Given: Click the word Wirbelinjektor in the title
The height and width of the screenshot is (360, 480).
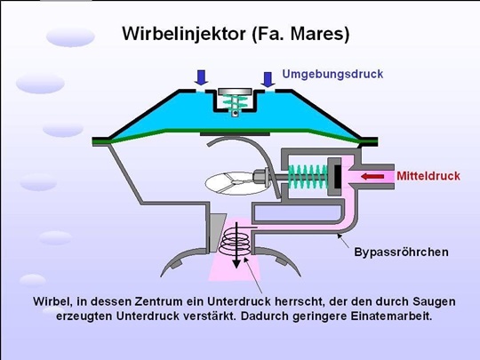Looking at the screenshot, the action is (x=184, y=34).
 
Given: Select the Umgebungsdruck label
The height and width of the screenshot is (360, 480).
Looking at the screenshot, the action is (x=332, y=74).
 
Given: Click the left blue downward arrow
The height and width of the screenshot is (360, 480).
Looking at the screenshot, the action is (x=201, y=77).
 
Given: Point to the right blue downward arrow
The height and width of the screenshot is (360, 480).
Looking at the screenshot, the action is (x=268, y=80).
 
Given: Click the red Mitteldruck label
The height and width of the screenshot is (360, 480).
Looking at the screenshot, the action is (x=428, y=176).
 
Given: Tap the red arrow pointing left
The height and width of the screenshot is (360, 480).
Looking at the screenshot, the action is (x=372, y=177).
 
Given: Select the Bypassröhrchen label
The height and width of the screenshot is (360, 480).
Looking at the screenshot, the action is (x=401, y=252).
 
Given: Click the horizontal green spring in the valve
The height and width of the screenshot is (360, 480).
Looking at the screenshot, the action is (x=308, y=177).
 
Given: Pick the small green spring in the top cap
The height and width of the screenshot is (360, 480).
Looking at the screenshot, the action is (x=235, y=102).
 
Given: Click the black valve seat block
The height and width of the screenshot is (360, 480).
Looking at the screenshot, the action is (x=337, y=177).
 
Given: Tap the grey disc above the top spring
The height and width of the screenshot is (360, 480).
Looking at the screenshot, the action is (x=235, y=92).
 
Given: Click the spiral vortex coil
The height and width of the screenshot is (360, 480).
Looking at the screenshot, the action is (x=236, y=244).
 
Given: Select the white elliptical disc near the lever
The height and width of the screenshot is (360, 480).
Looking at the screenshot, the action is (x=230, y=183).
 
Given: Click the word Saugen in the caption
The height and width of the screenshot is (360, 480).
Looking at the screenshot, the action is (x=434, y=302).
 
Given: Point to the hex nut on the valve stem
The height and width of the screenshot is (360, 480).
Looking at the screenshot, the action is (x=259, y=177).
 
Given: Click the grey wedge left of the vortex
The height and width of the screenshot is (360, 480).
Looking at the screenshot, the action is (x=218, y=231).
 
